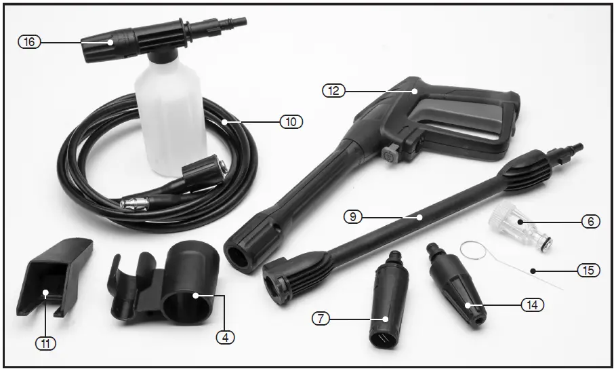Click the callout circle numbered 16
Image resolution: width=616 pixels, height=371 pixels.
[28, 42]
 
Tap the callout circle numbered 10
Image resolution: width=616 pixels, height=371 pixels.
[291, 122]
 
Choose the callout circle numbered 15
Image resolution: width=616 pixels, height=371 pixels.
[588, 270]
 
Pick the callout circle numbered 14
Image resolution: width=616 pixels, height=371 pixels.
[533, 305]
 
